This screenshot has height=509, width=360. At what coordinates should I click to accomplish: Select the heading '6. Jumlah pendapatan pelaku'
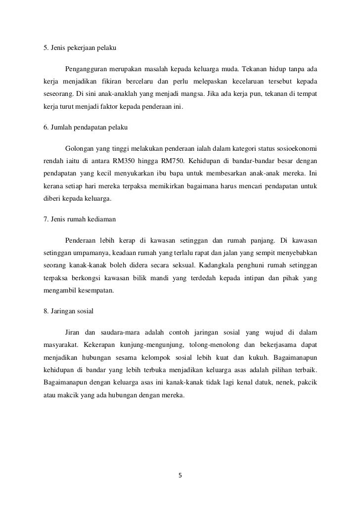click(86, 127)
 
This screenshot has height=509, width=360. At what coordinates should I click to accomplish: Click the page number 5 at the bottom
click(180, 476)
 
